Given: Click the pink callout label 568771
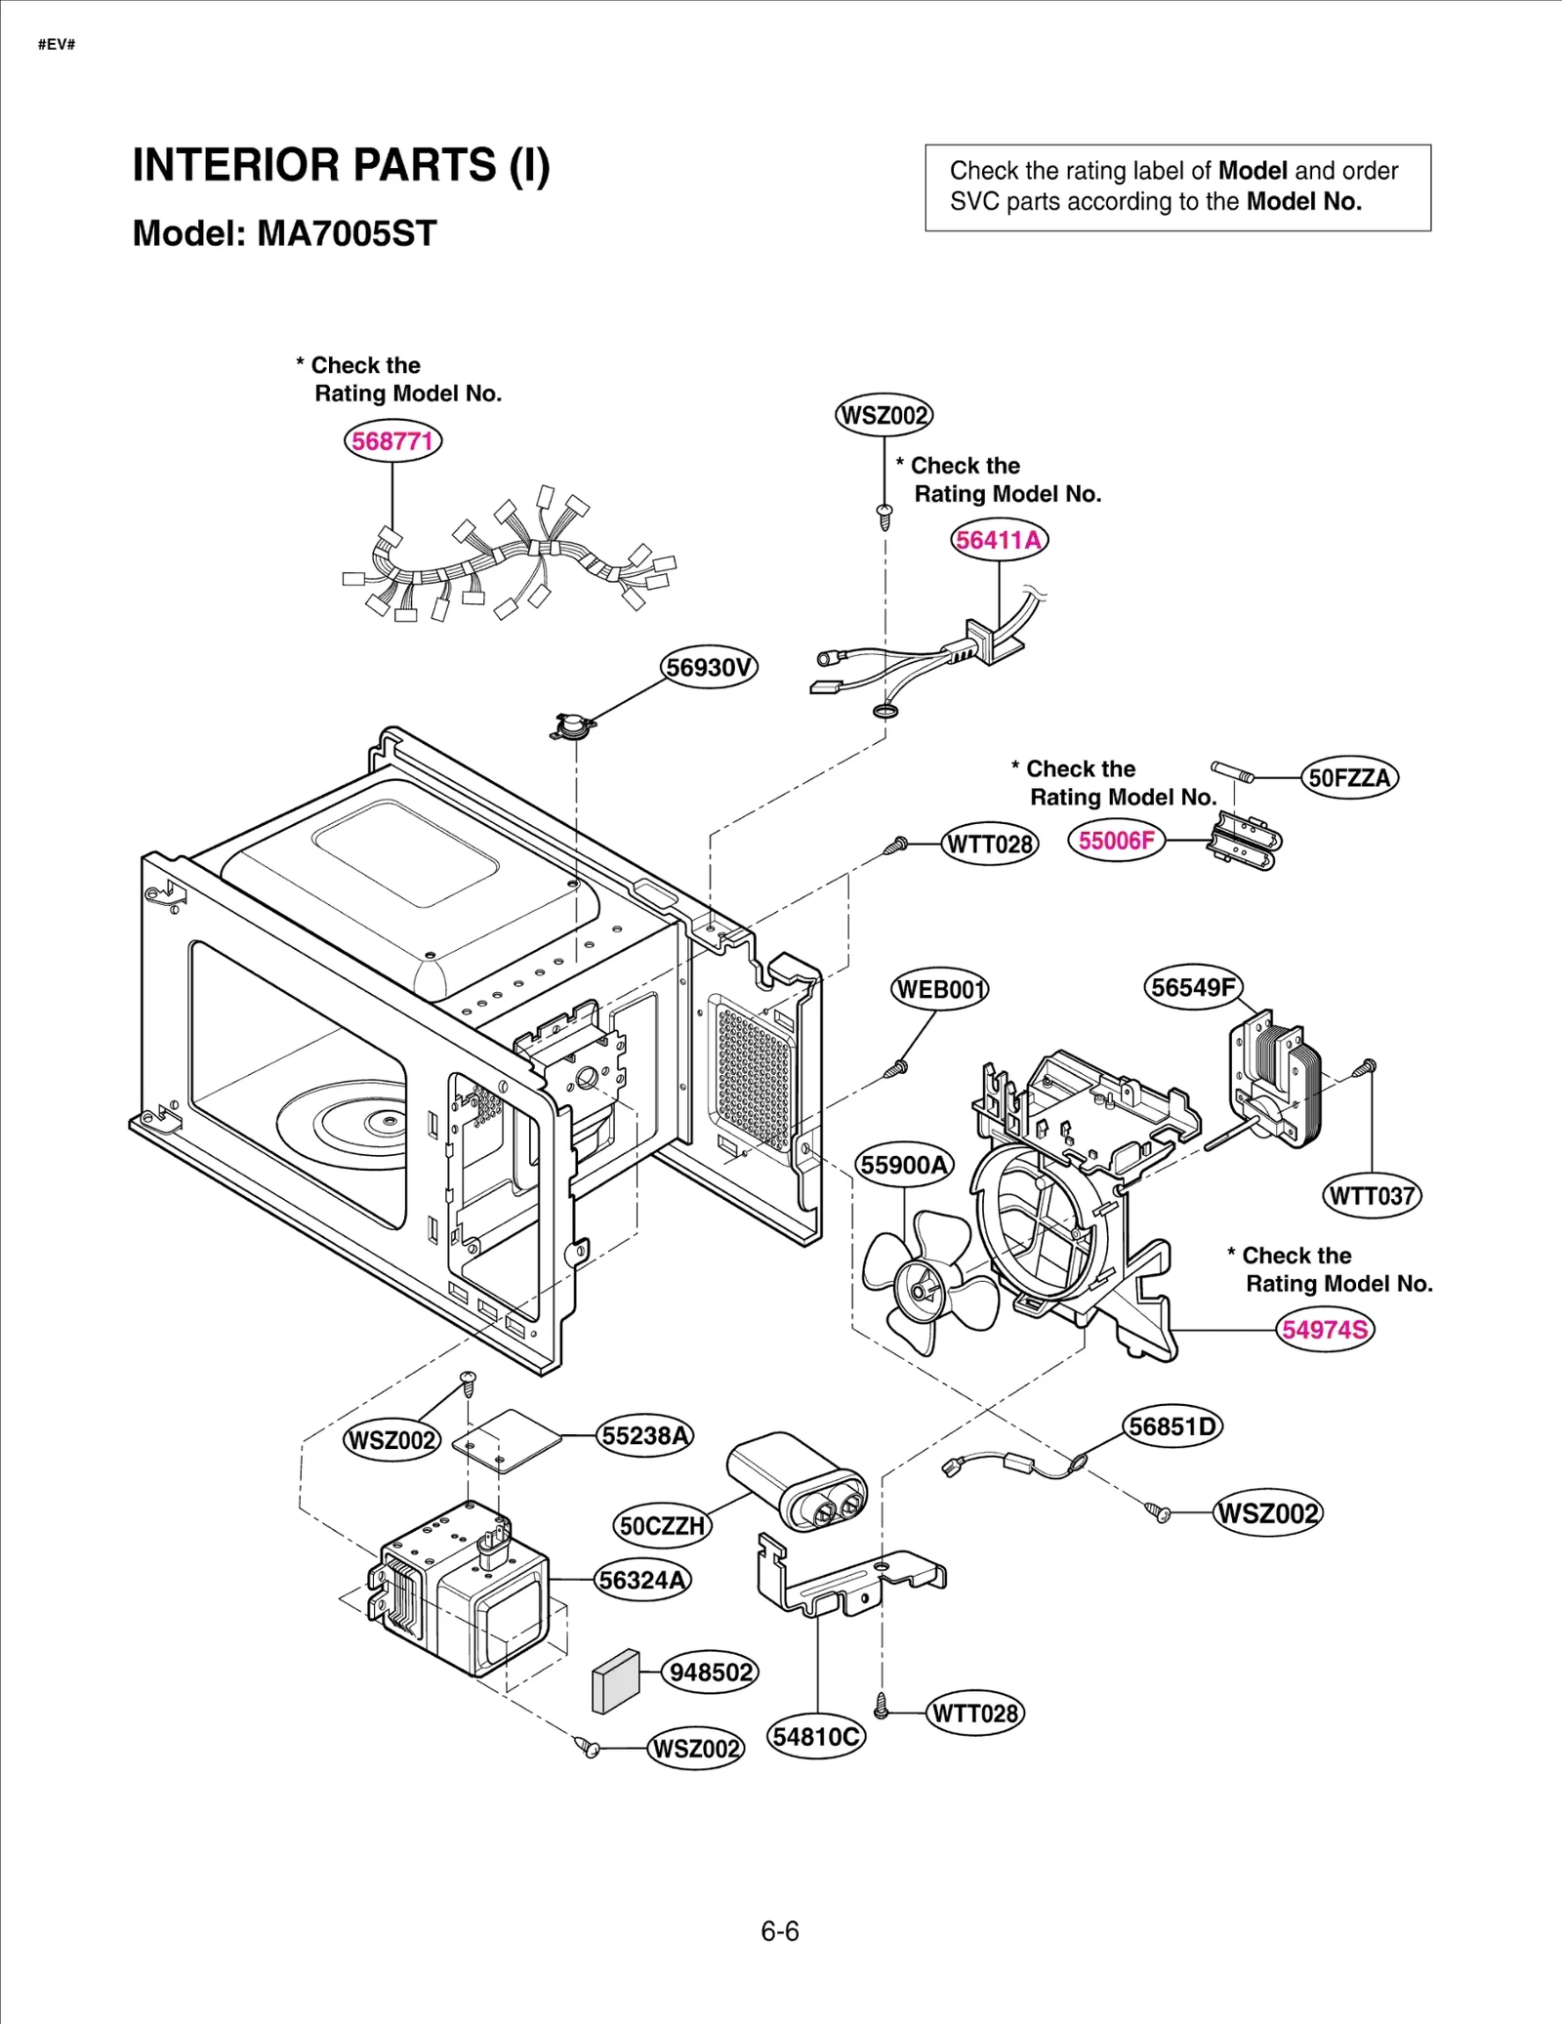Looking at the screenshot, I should coord(392,441).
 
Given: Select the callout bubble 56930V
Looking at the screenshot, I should coord(709,668).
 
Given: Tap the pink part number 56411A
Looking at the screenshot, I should coord(999,540).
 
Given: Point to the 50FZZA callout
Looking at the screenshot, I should coord(1349,778).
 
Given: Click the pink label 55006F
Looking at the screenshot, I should coord(1116,841).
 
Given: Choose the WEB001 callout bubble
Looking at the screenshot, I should coord(940,990).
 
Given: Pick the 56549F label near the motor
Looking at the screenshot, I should coord(1192,987).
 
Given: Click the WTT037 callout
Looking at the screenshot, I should coord(1372,1196).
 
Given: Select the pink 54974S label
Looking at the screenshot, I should coord(1325,1330).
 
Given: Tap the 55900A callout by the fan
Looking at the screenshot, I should coord(904,1165).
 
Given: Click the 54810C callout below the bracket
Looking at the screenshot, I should coord(816,1737).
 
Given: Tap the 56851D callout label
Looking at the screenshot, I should coord(1172,1427).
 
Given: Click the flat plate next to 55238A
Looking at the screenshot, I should coord(508,1439).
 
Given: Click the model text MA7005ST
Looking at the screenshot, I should coord(347,233).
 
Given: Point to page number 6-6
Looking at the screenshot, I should coord(780,1931).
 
